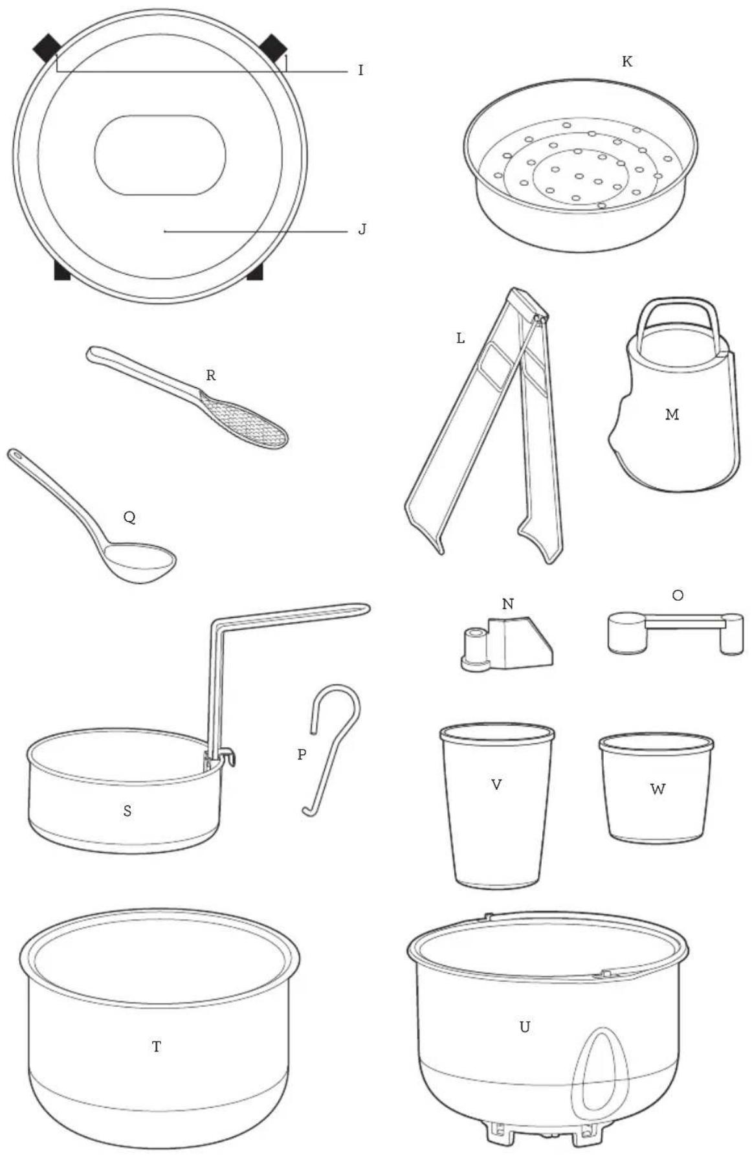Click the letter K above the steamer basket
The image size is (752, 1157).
pos(626,62)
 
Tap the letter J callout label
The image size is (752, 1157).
pos(362,229)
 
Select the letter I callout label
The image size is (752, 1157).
pos(361,70)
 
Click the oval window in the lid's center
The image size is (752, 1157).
pos(160,155)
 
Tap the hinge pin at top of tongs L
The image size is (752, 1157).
pos(538,318)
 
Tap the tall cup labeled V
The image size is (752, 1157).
pos(497,805)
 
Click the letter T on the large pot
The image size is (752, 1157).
pos(157,1046)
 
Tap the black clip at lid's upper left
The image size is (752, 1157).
pos(48,48)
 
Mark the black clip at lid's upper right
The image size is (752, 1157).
pos(273,48)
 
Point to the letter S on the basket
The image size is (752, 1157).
pos(127,811)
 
